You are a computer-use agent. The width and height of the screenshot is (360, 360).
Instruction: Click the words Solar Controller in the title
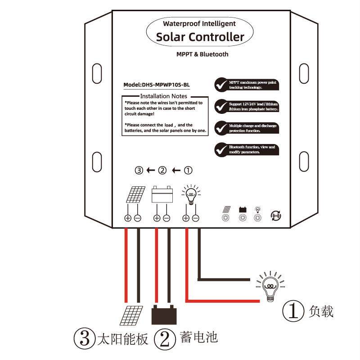(200, 37)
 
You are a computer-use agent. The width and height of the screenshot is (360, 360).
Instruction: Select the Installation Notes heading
(163, 96)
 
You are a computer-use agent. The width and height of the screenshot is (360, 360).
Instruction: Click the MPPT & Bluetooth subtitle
(202, 54)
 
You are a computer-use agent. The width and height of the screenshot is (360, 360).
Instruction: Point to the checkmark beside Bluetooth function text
(220, 149)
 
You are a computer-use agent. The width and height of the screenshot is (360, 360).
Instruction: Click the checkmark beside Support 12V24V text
(220, 106)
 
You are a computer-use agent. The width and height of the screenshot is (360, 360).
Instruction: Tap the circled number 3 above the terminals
(139, 171)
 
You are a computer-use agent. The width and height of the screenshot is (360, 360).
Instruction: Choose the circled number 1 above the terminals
(189, 171)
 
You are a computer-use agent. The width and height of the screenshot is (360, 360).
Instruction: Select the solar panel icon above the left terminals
(135, 196)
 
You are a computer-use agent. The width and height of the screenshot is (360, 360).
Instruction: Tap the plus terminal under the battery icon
(156, 218)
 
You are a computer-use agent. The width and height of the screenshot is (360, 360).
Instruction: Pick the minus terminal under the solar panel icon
(138, 218)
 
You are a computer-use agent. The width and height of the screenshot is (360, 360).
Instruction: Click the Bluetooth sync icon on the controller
(275, 216)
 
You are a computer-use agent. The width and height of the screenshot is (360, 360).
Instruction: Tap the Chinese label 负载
(321, 311)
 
